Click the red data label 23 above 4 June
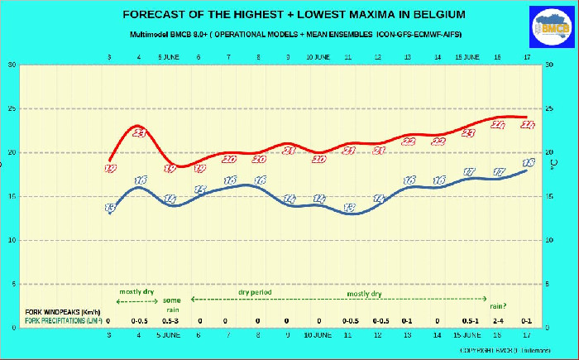coord(139,133)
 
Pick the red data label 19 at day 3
coord(110,168)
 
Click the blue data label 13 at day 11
coord(350,208)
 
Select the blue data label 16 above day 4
coord(141,180)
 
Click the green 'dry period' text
coord(256,292)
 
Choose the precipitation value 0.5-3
coord(170,319)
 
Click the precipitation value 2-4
coord(498,319)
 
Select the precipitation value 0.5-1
coord(469,319)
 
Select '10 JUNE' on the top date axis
coord(319,57)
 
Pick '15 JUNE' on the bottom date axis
coord(469,336)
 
